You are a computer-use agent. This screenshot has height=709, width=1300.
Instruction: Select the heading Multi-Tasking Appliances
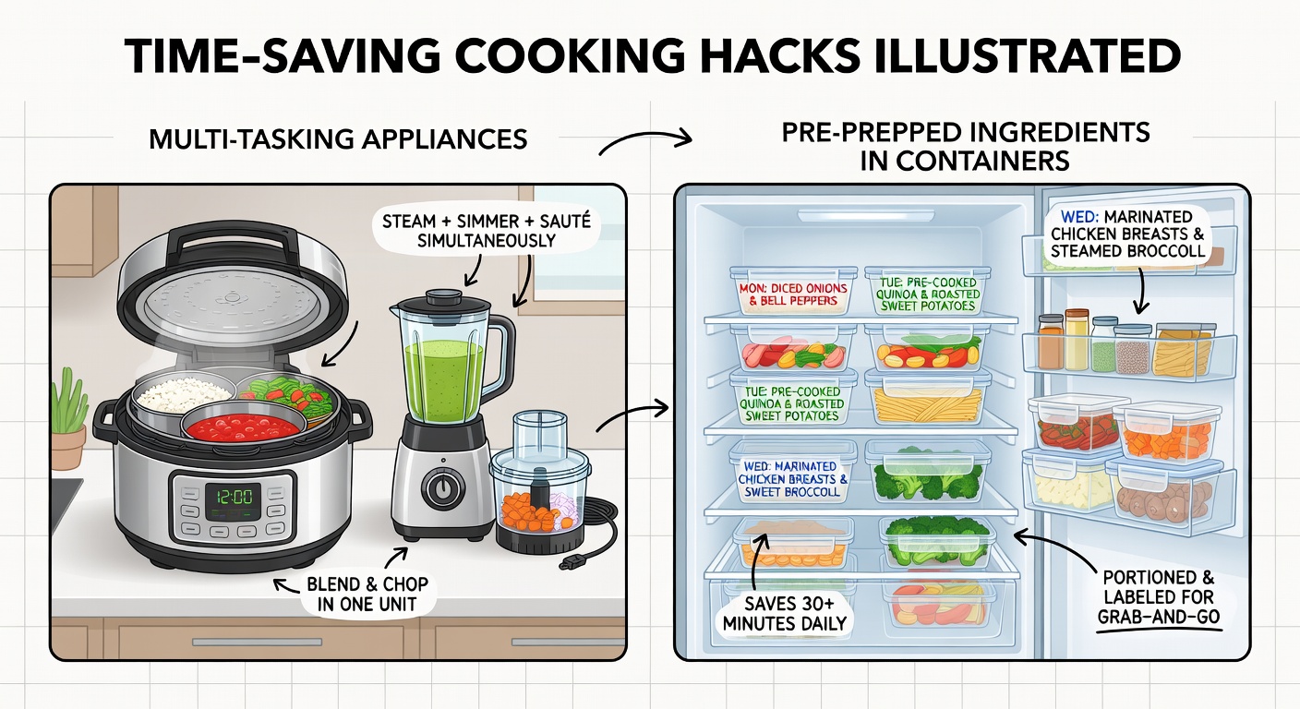(338, 139)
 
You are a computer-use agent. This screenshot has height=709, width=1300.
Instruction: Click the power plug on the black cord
(569, 560)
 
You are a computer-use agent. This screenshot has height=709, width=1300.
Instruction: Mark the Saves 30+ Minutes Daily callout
(783, 614)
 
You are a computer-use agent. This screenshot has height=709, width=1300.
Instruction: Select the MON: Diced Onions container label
(792, 294)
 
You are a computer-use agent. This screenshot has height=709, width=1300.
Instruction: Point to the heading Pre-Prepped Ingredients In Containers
(964, 145)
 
